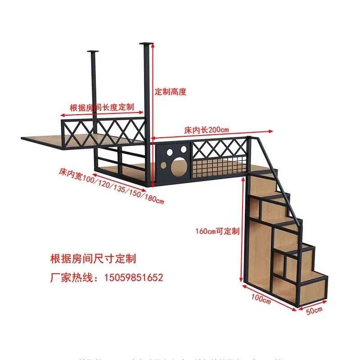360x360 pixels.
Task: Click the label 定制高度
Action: click(x=171, y=92)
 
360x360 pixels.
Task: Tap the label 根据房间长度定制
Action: click(x=102, y=108)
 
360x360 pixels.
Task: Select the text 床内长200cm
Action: click(x=207, y=130)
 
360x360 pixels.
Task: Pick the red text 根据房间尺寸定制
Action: click(x=93, y=259)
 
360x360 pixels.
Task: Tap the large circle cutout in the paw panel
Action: click(x=177, y=168)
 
